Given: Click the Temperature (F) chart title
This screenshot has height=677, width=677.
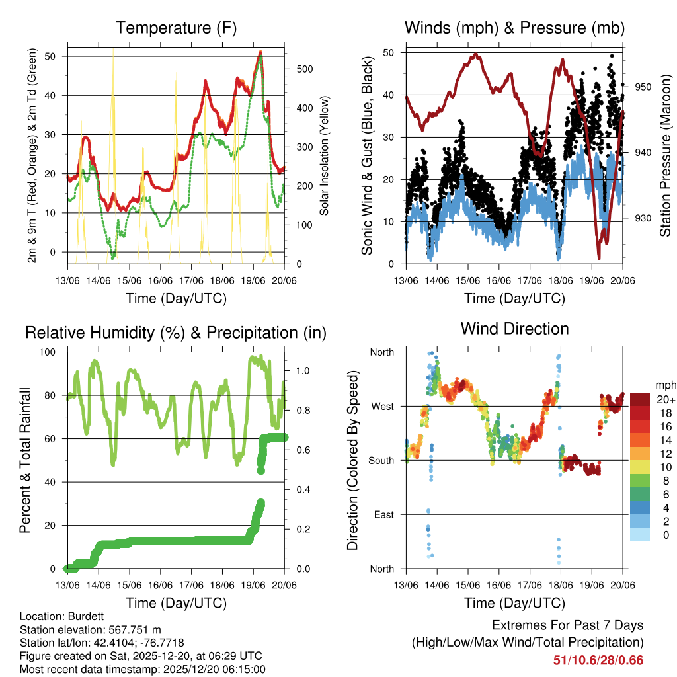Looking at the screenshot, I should click(176, 28).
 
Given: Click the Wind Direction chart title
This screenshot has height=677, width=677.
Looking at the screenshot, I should click(514, 328).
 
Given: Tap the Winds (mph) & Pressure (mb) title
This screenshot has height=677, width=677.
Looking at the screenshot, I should click(514, 28).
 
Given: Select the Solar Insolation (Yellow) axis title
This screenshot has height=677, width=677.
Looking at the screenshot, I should click(325, 156).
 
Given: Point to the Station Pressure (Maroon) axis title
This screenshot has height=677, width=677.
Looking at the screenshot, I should click(665, 156).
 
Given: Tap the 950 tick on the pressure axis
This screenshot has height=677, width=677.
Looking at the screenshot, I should click(644, 87).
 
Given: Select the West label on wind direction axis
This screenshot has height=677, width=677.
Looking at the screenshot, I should click(381, 406).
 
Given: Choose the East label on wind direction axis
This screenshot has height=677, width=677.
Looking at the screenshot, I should click(383, 514).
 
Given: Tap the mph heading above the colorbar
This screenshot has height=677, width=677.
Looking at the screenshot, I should click(664, 385).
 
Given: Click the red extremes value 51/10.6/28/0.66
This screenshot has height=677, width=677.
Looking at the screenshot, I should click(598, 660).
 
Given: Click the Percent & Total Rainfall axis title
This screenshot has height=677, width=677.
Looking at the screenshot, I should click(26, 460).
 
